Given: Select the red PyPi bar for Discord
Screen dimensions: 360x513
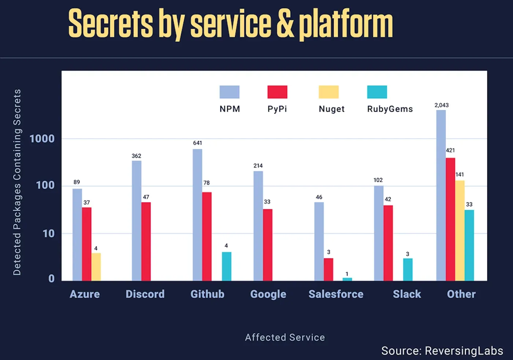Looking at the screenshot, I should [146, 241].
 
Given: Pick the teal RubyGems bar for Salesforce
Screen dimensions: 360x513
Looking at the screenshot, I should [347, 279].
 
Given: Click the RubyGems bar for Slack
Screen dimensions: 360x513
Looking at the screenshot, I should [407, 270].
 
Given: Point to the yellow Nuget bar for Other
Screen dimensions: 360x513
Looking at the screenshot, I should [460, 230].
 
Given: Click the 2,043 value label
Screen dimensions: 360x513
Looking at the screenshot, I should [441, 105].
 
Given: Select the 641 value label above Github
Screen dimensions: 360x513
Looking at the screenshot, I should [198, 143].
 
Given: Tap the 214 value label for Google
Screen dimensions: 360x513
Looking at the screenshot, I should [258, 166].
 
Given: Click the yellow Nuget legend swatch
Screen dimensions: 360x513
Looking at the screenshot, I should [328, 92].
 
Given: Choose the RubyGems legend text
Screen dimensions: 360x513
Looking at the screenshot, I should [390, 109].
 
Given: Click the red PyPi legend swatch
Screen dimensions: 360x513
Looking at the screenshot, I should [277, 92].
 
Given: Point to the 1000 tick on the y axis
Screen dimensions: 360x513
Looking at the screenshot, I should [42, 139].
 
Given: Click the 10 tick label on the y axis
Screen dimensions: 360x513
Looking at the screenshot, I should [48, 233].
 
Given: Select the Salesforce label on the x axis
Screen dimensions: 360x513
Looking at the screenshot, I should [336, 294].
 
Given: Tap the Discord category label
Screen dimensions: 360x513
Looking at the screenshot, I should [145, 294].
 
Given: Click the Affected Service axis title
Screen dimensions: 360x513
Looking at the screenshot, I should [285, 337].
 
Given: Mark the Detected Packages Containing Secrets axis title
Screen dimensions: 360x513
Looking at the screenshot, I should [17, 182].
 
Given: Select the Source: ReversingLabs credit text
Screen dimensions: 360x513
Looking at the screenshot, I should [442, 350].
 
